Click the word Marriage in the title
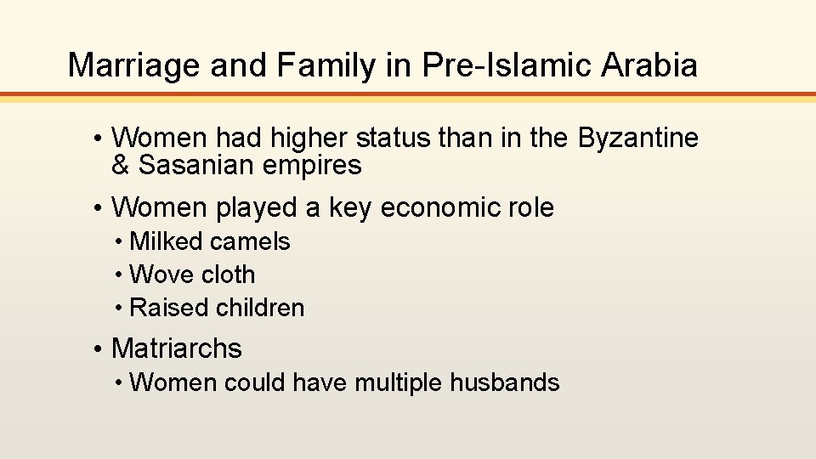coord(132,65)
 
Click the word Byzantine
coord(638,138)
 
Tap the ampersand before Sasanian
coord(120,165)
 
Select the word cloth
coord(229,275)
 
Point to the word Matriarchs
coord(176,348)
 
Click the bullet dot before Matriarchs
coord(99,348)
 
